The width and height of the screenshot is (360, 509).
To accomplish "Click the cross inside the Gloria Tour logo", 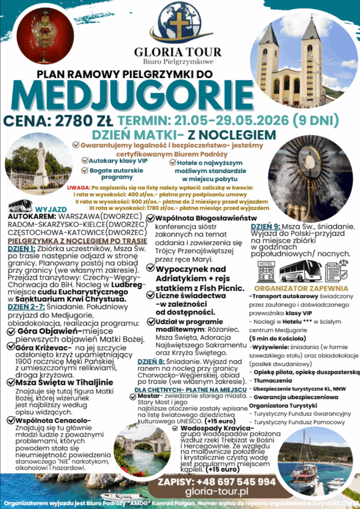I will (x=179, y=23).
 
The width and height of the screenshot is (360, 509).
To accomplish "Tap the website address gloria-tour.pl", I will (x=216, y=492).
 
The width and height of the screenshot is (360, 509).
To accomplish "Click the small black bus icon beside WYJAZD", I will (x=20, y=206).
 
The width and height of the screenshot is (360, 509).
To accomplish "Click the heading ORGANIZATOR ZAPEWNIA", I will (x=301, y=288).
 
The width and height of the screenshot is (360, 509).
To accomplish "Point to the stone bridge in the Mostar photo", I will (x=136, y=445).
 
